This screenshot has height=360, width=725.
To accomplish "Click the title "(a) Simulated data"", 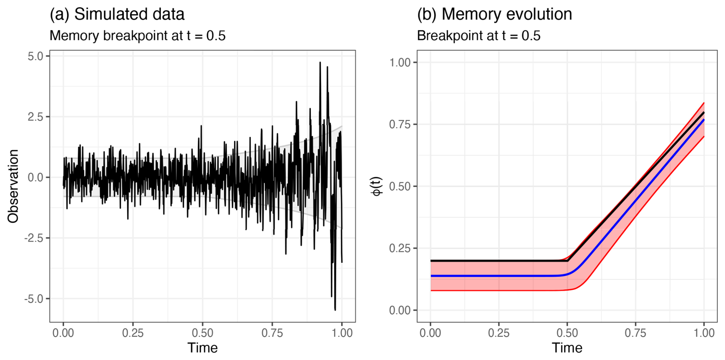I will click(117, 14).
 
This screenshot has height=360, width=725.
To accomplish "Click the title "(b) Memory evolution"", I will click(494, 14).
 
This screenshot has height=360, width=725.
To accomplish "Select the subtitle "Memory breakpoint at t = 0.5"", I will click(138, 36).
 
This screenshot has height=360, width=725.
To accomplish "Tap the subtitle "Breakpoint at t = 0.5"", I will click(479, 36).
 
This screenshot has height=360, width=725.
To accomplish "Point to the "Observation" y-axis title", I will click(13, 186).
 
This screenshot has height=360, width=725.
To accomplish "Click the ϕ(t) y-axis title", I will click(377, 186).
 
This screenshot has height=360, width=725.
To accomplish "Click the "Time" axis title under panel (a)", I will click(202, 348).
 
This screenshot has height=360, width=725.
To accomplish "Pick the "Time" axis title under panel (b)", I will click(567, 348).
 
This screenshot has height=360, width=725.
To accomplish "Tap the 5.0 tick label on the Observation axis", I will click(36, 56).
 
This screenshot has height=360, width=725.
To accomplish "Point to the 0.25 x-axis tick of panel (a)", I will click(133, 333).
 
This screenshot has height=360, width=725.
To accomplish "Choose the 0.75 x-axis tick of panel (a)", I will click(272, 333).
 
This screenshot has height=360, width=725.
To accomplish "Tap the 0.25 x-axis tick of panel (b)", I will click(499, 333).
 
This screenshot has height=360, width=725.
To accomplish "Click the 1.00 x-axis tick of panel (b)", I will click(704, 333).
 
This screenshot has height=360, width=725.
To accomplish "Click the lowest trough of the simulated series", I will click(335, 309).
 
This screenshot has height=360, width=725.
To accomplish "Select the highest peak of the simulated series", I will click(320, 62).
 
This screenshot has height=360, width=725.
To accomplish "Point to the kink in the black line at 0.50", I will click(568, 261).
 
